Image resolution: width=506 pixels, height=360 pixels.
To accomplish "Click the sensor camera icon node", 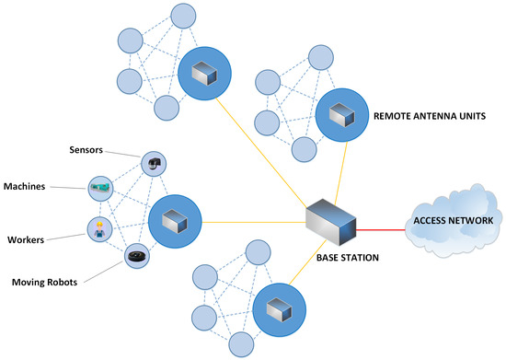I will click(x=154, y=164).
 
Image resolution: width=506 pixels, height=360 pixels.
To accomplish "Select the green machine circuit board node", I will click(x=99, y=189).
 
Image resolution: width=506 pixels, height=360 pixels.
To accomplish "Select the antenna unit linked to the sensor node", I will click(x=175, y=221).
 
